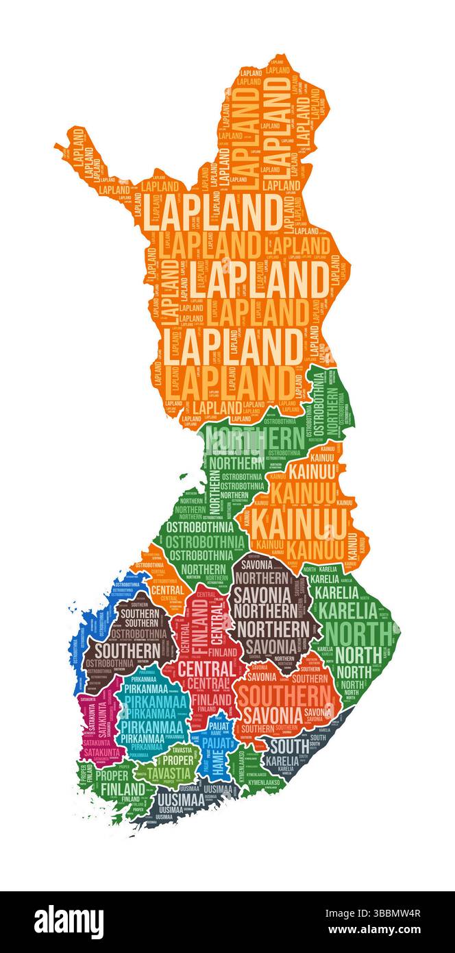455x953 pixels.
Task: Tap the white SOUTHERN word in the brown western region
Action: [x=127, y=649]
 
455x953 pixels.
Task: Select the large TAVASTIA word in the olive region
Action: [x=169, y=773]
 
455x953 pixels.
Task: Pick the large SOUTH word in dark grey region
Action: [x=288, y=746]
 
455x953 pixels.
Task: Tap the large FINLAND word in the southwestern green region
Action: [x=123, y=788]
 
